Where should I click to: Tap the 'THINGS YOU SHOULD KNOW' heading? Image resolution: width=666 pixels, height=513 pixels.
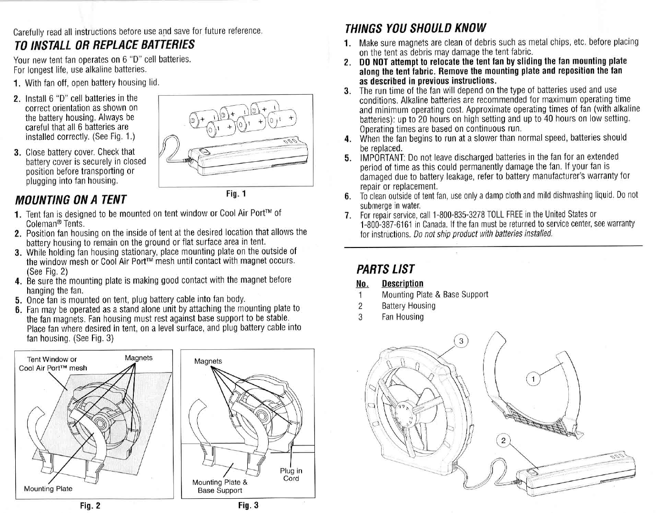416,28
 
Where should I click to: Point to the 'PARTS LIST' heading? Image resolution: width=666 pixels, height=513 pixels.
385,268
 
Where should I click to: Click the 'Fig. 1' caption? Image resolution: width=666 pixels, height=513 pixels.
236,194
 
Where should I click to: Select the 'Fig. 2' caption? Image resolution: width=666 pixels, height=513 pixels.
91,505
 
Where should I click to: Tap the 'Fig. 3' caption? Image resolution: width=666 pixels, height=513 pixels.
248,505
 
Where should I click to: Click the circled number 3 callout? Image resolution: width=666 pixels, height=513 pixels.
461,341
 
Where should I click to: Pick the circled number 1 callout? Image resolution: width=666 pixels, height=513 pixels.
534,379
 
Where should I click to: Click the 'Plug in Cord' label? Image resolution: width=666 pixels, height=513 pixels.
291,474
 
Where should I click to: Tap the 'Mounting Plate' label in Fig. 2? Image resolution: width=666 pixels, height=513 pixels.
48,489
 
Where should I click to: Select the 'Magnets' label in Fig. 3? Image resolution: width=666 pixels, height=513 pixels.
208,361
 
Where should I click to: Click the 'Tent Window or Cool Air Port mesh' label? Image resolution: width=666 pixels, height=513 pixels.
52,364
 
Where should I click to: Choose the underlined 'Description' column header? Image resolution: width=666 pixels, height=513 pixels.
402,284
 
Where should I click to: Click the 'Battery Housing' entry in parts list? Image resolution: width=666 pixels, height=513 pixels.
408,306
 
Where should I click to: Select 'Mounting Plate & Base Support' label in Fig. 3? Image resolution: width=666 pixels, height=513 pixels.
220,486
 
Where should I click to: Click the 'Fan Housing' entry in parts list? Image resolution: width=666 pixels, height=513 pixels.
402,317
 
